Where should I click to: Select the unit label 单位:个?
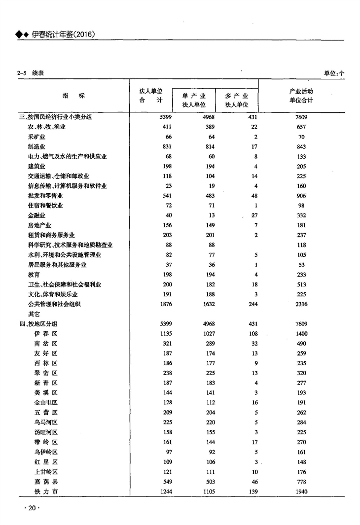[334, 73]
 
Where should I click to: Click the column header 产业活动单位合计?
[301, 96]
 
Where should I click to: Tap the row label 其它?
[34, 314]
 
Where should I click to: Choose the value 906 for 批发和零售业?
[301, 196]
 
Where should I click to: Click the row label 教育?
[34, 275]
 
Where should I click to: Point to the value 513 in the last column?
[301, 284]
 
